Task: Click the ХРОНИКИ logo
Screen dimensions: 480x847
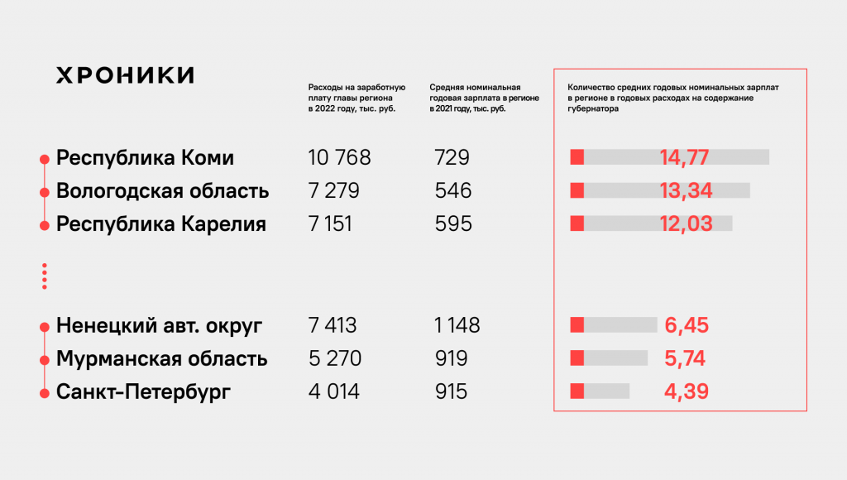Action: [x=125, y=75]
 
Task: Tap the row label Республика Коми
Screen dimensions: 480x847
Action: [x=145, y=158]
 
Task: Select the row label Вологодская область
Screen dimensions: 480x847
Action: [x=162, y=191]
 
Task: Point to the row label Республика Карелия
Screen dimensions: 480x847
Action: [x=160, y=224]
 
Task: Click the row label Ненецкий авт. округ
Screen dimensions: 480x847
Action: [x=159, y=326]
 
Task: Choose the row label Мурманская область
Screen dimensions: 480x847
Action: [x=161, y=359]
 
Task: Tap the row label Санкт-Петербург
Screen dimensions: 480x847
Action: [x=143, y=391]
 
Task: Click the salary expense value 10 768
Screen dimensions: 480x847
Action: [x=339, y=158]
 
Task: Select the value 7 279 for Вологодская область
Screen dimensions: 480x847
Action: [x=333, y=191]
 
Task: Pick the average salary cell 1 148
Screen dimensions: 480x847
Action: [x=457, y=326]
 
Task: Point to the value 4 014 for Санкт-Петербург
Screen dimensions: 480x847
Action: [x=333, y=391]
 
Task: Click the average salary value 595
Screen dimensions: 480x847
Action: [x=452, y=224]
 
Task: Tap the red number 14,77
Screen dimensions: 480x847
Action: [x=686, y=158]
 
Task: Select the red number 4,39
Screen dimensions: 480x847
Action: [x=686, y=391]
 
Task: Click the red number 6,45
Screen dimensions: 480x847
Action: [x=687, y=326]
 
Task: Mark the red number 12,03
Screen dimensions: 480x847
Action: [x=686, y=224]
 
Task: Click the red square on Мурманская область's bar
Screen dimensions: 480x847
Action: [x=577, y=358]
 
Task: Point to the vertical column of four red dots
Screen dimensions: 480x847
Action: [x=44, y=276]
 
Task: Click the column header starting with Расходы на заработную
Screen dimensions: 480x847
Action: [x=356, y=98]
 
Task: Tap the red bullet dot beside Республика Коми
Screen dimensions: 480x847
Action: [x=44, y=158]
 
